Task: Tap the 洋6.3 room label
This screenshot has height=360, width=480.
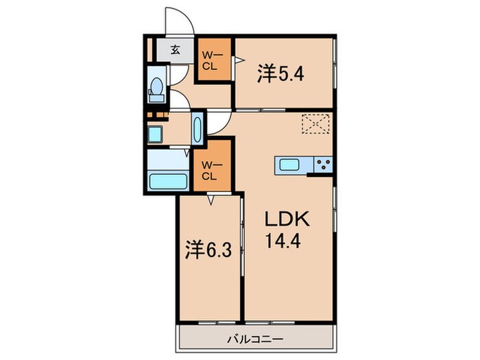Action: [207, 250]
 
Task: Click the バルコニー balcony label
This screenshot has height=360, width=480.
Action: [256, 339]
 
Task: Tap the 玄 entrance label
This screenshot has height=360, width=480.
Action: [175, 49]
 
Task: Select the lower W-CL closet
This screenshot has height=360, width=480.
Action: [210, 169]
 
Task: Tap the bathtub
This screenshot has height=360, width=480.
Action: [168, 182]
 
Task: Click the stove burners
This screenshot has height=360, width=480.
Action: [322, 165]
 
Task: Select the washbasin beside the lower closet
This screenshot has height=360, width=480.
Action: [197, 128]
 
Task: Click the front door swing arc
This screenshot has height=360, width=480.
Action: [180, 19]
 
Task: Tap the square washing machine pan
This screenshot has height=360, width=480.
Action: [156, 132]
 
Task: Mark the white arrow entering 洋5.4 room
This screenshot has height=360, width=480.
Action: [239, 60]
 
